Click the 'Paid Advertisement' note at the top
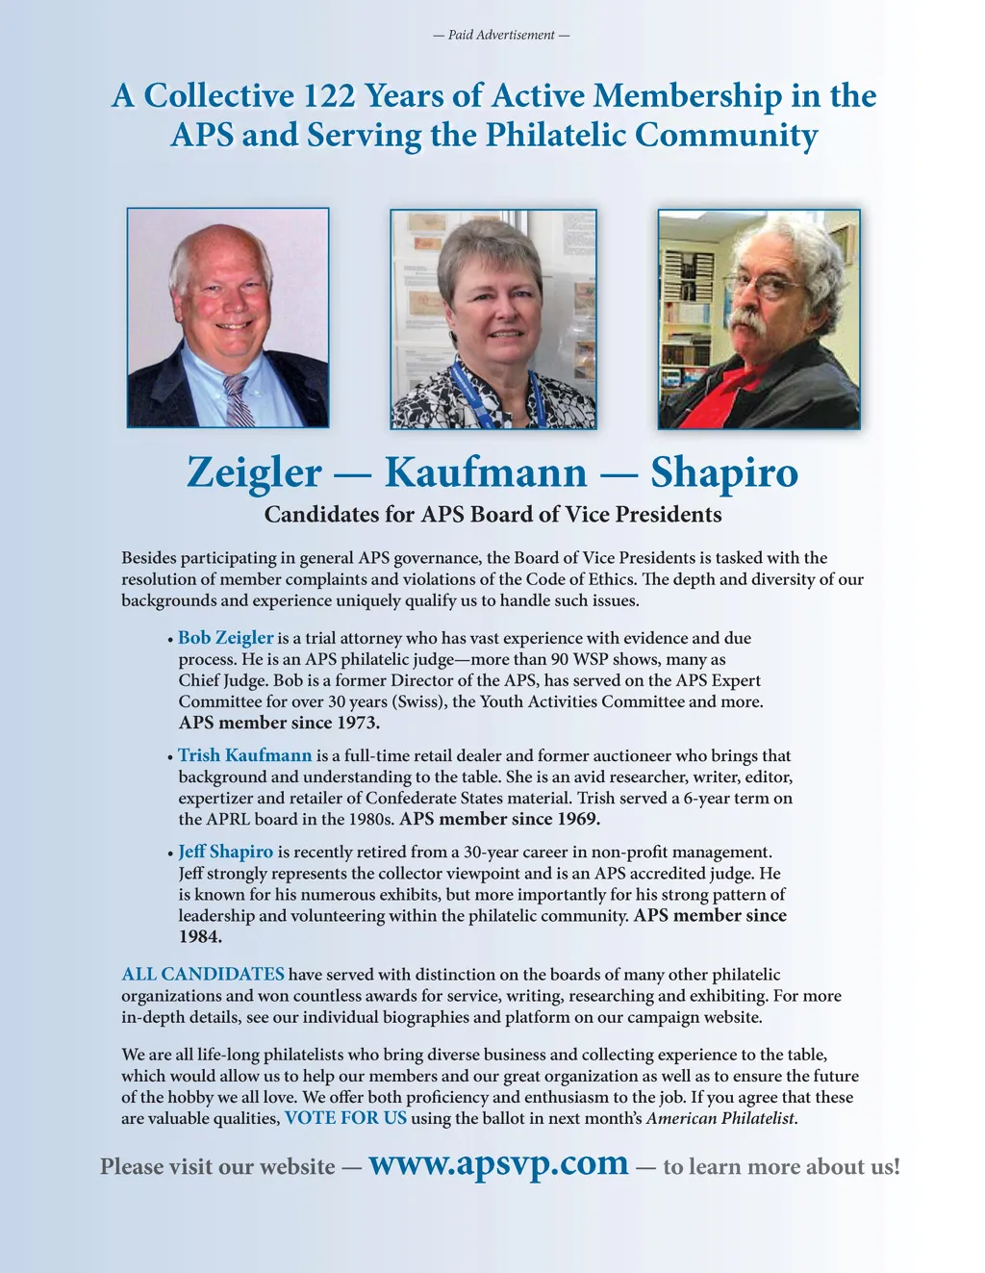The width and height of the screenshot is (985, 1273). pos(501,36)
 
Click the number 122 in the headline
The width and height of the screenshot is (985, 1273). pos(332,96)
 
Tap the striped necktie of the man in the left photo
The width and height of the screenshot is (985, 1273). pos(238,400)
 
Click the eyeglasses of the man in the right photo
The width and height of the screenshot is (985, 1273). pos(764,285)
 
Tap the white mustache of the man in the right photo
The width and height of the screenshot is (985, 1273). pos(754,320)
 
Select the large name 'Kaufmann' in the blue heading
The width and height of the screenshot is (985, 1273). pos(485,472)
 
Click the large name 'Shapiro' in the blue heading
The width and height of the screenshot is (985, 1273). pos(723,472)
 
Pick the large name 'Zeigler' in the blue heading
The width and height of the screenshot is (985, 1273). pos(254,472)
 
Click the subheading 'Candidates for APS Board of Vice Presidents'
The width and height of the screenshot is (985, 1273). pos(492,515)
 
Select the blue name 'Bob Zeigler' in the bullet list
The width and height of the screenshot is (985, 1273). pos(226,638)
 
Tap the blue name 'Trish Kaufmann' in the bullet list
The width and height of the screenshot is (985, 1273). pos(245,755)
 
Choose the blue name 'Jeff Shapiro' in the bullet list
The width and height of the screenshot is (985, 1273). pos(226,852)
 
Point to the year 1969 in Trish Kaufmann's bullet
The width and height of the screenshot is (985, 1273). pos(577,819)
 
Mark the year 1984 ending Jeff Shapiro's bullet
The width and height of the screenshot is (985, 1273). pos(200,936)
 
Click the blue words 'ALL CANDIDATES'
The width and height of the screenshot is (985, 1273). pos(203,975)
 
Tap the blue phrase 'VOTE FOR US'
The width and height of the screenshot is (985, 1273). pos(345,1118)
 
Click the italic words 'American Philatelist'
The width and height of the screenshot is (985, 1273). pos(720,1118)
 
